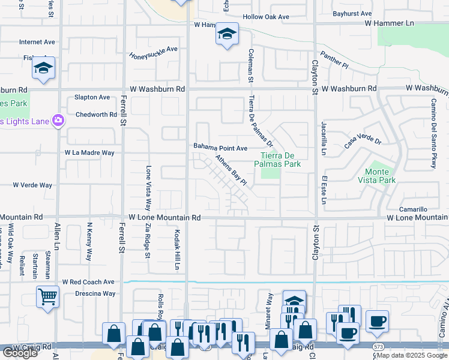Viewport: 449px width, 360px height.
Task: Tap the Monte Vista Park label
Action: coord(381,176)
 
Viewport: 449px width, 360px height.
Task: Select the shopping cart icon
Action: coord(47,296)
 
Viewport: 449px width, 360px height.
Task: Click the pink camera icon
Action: coord(58,121)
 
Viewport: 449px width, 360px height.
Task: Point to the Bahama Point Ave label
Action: coord(220,147)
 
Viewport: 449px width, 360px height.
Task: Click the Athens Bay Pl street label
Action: coord(231,171)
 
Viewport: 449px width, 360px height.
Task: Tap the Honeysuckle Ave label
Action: coord(154,52)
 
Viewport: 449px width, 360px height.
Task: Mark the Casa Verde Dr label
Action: coord(363,142)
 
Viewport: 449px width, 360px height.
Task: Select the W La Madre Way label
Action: coord(90,153)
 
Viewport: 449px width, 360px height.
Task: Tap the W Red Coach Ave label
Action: coord(88,281)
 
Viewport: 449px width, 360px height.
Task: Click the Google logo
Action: coord(20,353)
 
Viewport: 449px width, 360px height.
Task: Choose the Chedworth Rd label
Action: coord(96,115)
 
